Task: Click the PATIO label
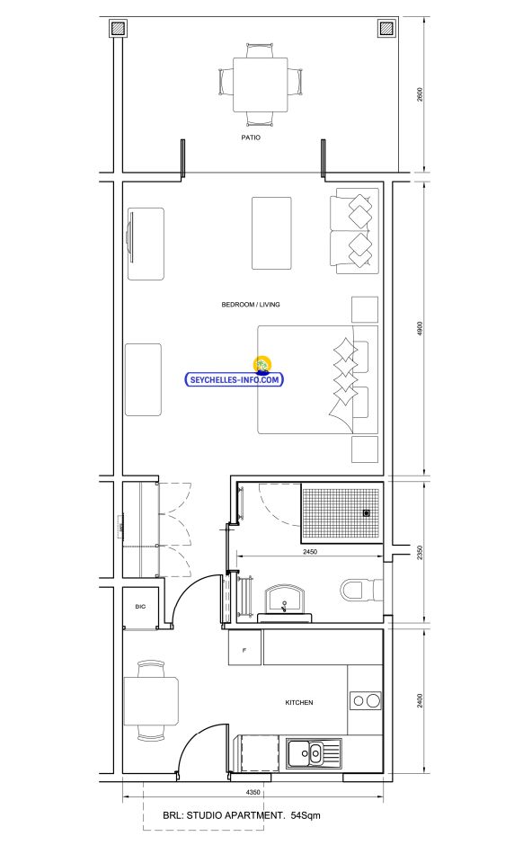251,138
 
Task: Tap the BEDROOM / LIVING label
251,305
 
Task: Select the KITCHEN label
299,703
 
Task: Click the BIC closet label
140,607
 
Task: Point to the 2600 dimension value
421,94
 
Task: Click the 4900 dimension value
421,329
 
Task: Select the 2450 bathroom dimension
310,551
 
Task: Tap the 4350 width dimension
253,792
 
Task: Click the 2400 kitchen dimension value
421,700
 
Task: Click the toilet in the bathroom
361,590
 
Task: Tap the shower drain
367,513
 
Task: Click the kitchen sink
314,752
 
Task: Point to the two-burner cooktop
366,700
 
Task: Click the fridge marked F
245,647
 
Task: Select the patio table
261,85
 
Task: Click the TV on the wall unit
129,237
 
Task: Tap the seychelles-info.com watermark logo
235,373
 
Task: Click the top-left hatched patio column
119,28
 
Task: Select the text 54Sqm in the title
306,815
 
